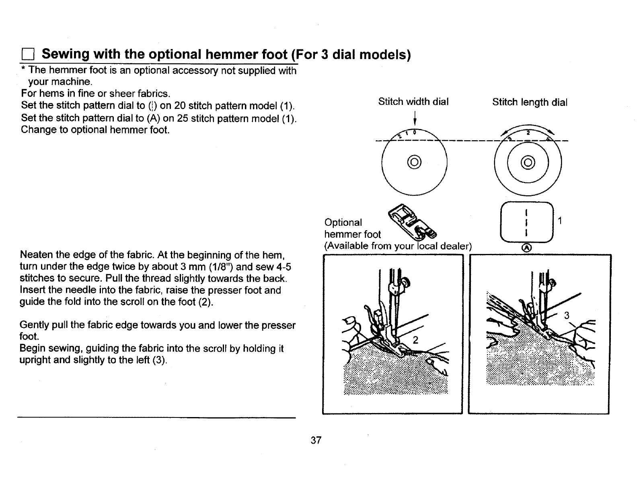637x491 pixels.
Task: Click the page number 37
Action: pyautogui.click(x=316, y=440)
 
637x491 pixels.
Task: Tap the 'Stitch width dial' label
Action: pyautogui.click(x=413, y=102)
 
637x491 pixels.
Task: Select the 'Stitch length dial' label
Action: pyautogui.click(x=530, y=102)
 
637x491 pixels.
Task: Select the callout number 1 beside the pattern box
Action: pyautogui.click(x=559, y=221)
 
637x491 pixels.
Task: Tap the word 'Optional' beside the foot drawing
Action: pyautogui.click(x=343, y=223)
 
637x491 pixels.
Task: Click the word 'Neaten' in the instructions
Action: pyautogui.click(x=37, y=255)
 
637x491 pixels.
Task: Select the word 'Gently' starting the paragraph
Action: pyautogui.click(x=35, y=325)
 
